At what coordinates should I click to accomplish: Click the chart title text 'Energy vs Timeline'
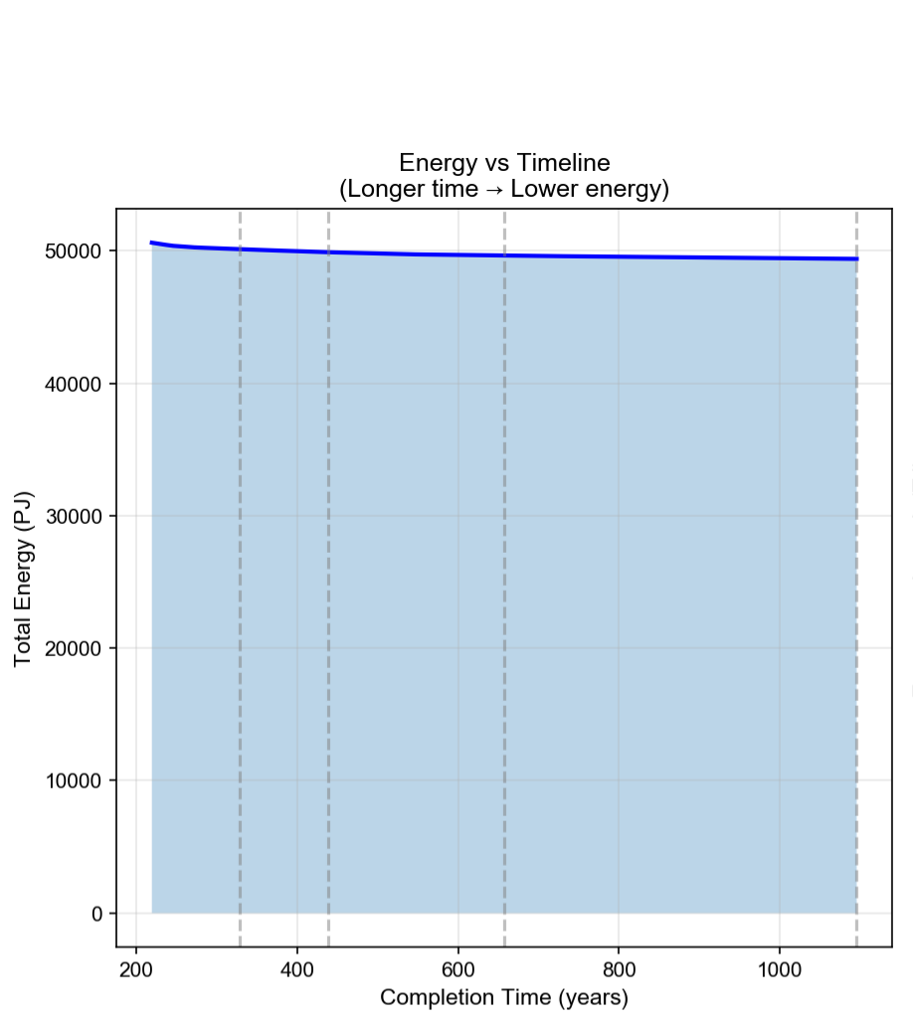(504, 163)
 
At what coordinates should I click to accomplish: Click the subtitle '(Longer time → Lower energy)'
(504, 189)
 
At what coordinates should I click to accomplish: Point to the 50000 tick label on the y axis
(74, 252)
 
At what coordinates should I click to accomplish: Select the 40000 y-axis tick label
(74, 384)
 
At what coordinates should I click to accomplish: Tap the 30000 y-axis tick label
(74, 516)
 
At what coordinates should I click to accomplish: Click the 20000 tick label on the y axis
(74, 648)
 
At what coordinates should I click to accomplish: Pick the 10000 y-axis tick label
(74, 780)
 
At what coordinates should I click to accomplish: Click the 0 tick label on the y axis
(97, 914)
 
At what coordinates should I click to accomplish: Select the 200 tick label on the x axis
(136, 968)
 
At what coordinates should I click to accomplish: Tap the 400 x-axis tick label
(297, 968)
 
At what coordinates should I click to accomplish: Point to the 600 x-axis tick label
(457, 968)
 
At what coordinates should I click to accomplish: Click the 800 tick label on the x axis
(619, 968)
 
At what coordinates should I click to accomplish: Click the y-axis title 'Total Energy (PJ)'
(24, 579)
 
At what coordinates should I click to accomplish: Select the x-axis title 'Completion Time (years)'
(504, 997)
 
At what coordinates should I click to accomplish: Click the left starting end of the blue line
(152, 243)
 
